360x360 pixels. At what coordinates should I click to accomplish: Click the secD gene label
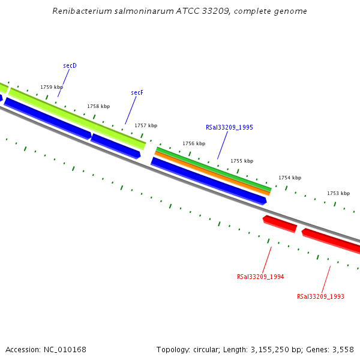click(70, 65)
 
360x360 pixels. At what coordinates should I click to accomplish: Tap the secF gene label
click(137, 93)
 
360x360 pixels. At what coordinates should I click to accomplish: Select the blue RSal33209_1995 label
click(229, 127)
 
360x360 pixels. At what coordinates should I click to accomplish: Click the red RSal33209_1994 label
click(260, 277)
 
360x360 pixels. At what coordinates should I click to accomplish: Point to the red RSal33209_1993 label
click(320, 296)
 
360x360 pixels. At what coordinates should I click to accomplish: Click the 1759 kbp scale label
click(52, 87)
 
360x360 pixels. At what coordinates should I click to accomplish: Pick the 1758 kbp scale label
click(98, 106)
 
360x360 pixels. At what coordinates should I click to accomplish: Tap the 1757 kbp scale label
click(146, 125)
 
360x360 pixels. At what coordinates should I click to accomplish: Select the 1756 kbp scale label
click(194, 144)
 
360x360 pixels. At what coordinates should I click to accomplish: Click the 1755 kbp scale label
click(242, 161)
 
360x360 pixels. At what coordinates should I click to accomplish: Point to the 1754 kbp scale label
click(290, 178)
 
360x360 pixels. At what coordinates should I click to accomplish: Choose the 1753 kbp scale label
click(338, 193)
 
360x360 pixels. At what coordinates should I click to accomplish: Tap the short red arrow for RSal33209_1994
click(280, 224)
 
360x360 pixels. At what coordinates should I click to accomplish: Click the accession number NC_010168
click(64, 349)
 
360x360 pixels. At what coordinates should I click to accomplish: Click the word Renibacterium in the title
click(80, 11)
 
